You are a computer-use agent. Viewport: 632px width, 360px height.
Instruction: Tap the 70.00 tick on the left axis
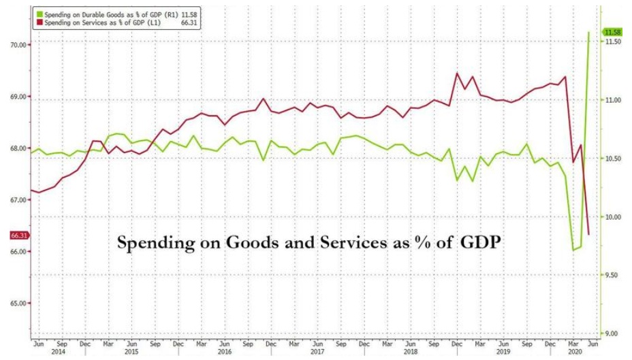pos(16,45)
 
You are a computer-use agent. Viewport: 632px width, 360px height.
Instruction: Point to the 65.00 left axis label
pos(16,304)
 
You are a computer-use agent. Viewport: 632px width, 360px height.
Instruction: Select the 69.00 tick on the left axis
pos(16,97)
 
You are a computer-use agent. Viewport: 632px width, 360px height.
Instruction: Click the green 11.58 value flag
pos(612,32)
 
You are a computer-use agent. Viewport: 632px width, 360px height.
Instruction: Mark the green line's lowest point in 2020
pos(573,250)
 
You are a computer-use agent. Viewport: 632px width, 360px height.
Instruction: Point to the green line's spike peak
pos(588,32)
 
